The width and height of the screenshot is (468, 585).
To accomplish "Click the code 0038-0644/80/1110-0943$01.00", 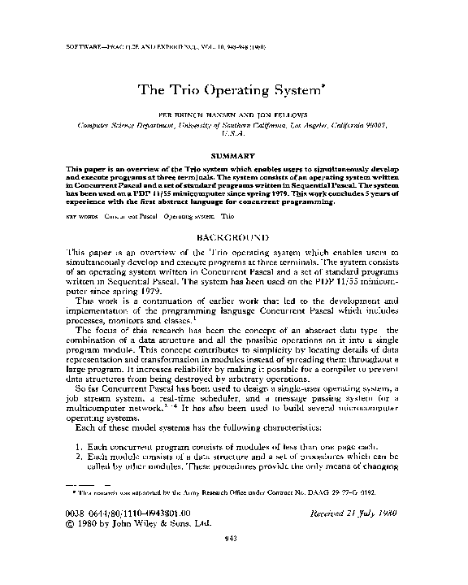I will pos(128,513).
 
